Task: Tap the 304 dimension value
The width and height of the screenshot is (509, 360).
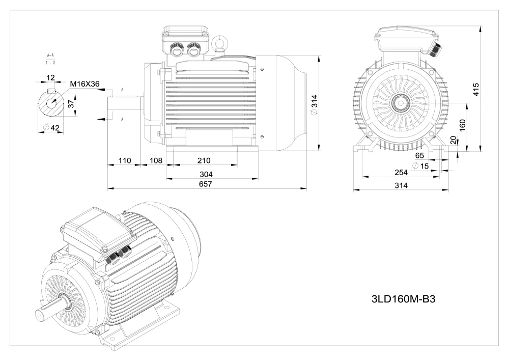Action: point(207,174)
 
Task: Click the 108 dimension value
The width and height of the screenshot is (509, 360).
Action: point(155,160)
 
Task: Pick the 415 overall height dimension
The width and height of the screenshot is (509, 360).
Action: point(475,90)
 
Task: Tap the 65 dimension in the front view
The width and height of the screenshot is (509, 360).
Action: point(420,155)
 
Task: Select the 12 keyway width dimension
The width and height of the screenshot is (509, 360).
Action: point(50,77)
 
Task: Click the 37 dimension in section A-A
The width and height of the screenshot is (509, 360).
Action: point(71,104)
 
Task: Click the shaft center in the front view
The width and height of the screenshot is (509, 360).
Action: point(401,102)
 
